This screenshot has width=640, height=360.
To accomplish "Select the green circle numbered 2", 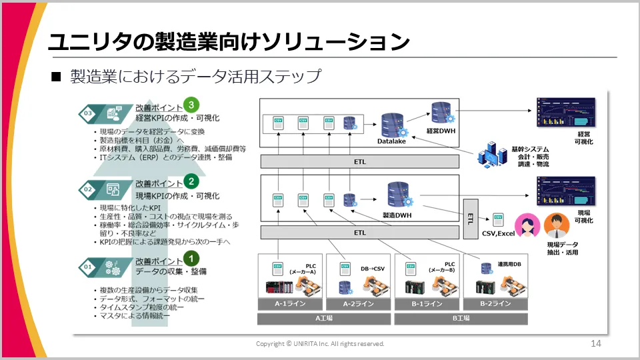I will [191, 181].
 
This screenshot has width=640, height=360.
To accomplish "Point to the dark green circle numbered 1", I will [191, 257].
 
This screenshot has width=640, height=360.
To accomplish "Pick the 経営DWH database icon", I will [441, 113].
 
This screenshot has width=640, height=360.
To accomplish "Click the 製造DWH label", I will [397, 215].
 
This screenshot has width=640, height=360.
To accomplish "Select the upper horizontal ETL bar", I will [360, 161].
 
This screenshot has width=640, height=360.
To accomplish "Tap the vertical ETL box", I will [471, 218].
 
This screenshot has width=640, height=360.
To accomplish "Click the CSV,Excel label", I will [498, 234].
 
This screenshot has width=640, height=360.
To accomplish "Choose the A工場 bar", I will [324, 319].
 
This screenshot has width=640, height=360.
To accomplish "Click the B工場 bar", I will [461, 319].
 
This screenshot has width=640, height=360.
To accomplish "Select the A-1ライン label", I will [290, 303].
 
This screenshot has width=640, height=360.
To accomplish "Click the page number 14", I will [596, 343].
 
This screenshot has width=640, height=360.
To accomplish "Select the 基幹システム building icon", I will [492, 154].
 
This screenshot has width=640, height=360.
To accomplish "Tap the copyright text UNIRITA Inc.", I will [321, 344].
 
